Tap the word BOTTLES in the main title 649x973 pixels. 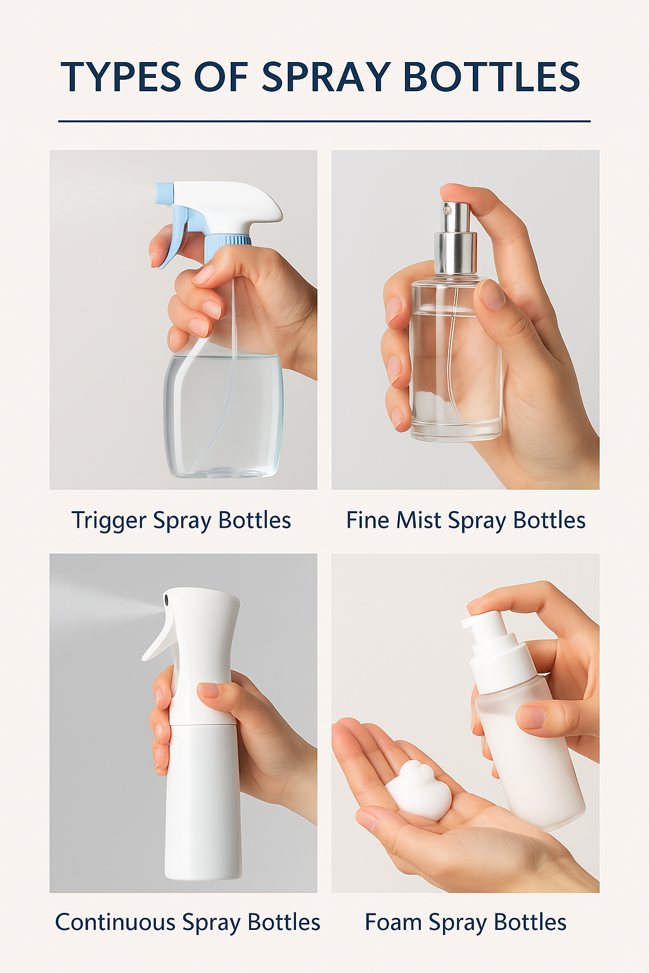[491, 77]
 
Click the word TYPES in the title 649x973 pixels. [121, 77]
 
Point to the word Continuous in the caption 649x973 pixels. [115, 922]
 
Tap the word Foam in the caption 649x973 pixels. [393, 922]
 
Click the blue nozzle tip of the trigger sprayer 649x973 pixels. [164, 193]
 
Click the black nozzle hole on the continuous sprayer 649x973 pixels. [167, 599]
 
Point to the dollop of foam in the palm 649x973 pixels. [419, 792]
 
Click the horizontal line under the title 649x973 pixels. [324, 121]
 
